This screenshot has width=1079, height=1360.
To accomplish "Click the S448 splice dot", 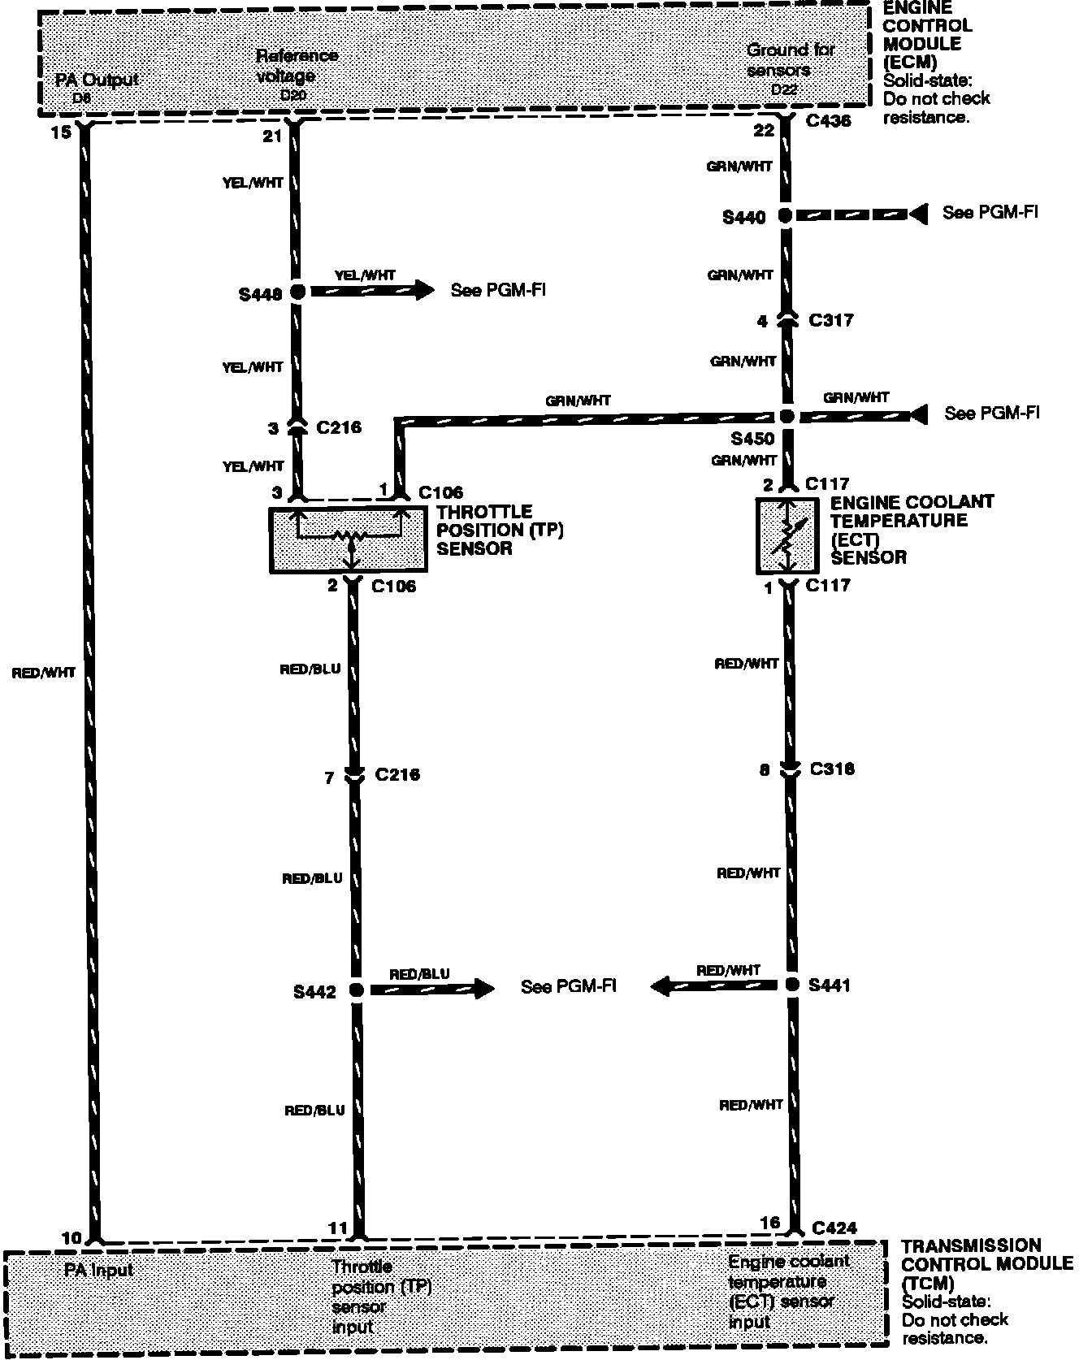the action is tap(297, 292).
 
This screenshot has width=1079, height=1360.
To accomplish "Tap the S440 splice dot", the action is tap(785, 216).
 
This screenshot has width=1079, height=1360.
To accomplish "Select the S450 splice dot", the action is tap(786, 416).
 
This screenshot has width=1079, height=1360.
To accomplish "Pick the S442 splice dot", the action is tap(356, 990).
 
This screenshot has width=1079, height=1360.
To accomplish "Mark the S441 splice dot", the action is tap(793, 985).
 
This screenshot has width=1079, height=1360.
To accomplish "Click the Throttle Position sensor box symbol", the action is tap(348, 540).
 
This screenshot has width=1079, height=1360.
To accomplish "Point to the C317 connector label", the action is tap(831, 320).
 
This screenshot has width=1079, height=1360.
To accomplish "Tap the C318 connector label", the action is tap(832, 769).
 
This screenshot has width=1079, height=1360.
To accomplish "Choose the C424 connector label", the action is tap(834, 1228).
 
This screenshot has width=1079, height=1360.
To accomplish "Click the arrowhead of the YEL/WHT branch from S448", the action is tap(426, 289).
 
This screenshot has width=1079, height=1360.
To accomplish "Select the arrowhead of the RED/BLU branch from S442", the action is tap(484, 989).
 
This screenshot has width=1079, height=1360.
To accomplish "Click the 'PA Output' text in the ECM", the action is tap(97, 80).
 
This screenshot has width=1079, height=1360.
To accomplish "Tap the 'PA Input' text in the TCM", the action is tap(99, 1270).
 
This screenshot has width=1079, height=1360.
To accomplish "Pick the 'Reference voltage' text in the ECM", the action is tap(296, 65).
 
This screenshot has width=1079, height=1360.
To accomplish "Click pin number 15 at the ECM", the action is tap(61, 131).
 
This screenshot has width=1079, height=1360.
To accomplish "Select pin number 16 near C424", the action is tap(770, 1223).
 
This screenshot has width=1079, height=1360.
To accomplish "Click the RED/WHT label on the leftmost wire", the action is tap(44, 673).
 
